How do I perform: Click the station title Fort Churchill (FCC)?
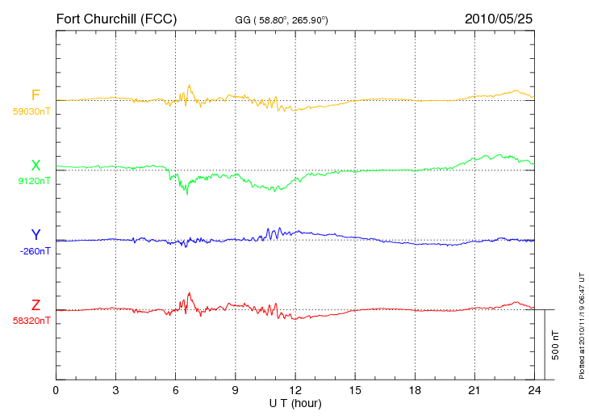(116, 19)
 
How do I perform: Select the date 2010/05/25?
(499, 19)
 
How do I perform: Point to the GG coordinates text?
(282, 20)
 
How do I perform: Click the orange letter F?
(36, 95)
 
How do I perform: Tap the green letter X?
(36, 165)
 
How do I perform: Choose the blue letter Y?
(36, 234)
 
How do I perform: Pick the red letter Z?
(36, 304)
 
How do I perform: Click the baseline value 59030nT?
(31, 111)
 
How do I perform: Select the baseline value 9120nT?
(34, 181)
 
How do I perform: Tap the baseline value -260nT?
(35, 251)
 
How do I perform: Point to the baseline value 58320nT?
(31, 321)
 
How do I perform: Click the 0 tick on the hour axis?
(56, 391)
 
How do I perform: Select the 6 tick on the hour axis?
(175, 391)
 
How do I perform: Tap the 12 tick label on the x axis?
(295, 391)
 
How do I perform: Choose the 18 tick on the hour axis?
(415, 391)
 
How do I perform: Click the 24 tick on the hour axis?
(534, 391)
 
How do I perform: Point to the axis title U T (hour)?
(295, 404)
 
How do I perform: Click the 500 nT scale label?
(556, 345)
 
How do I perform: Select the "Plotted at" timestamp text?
(582, 325)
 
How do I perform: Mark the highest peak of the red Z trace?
(190, 292)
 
